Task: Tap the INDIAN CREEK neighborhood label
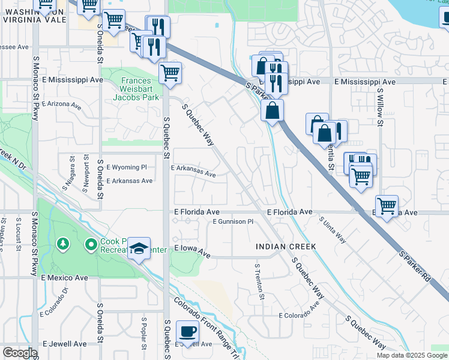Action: tap(285, 247)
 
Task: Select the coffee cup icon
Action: tap(188, 331)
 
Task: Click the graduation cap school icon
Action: tap(139, 248)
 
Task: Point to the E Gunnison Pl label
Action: tap(237, 221)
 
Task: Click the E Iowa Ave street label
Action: tap(192, 250)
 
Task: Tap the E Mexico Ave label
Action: tap(64, 278)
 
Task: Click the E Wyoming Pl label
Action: tap(126, 167)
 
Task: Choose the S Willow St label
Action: tap(380, 108)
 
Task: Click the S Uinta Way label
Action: tap(332, 229)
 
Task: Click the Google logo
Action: tap(20, 353)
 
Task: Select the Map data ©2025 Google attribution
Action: tap(411, 355)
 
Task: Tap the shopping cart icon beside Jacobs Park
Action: tap(170, 74)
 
